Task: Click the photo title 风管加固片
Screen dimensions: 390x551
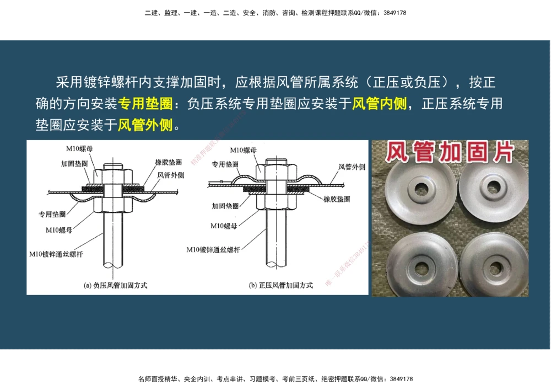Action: tap(449, 153)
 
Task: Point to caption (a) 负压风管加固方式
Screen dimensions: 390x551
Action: tap(115, 285)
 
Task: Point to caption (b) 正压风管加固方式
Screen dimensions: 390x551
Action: tap(280, 285)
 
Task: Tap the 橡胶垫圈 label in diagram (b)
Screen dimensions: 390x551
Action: tap(337, 199)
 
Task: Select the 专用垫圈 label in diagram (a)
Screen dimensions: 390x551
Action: tap(52, 214)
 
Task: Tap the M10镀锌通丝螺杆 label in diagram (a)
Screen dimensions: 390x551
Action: tap(57, 254)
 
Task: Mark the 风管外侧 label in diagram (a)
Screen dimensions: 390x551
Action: tap(171, 175)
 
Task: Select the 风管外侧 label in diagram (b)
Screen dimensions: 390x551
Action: tap(352, 167)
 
